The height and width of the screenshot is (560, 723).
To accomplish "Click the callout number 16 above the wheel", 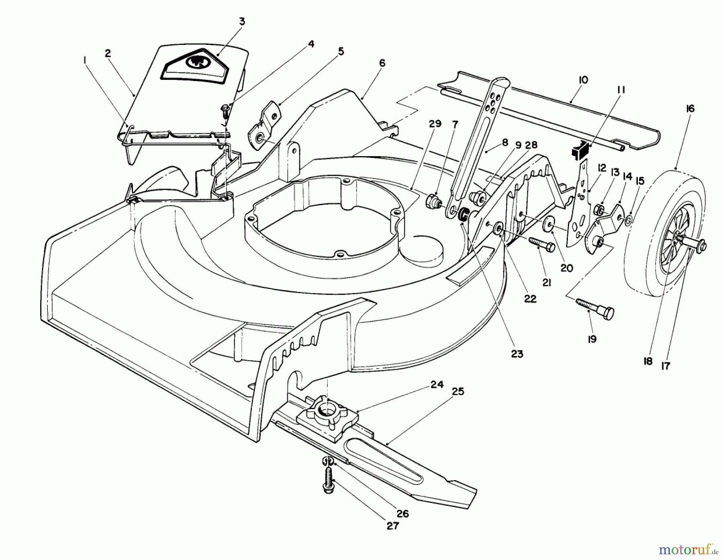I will (x=690, y=109).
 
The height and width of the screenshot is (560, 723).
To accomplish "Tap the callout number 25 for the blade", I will (x=458, y=391).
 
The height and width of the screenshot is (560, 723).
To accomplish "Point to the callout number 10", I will (x=583, y=80).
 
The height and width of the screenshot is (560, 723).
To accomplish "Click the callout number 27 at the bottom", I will (x=392, y=525).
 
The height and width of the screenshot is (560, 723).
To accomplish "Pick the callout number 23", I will (x=517, y=354).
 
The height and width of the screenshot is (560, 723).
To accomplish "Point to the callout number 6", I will (x=382, y=63).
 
